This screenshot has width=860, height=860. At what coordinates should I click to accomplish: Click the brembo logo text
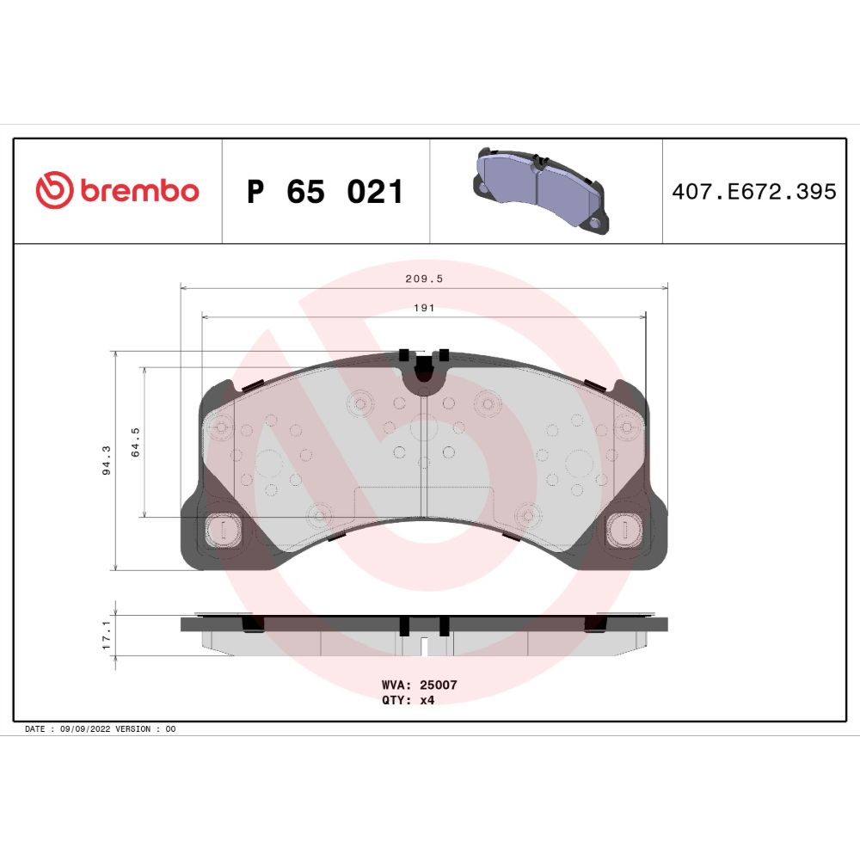[x=140, y=190]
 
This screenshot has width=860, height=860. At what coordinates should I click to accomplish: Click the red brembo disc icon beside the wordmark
[x=54, y=190]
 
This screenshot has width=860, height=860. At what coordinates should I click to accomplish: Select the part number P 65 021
[x=325, y=192]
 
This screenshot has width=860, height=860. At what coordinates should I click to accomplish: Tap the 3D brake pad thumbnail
[x=541, y=190]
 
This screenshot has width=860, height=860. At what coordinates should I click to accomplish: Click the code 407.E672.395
[x=754, y=192]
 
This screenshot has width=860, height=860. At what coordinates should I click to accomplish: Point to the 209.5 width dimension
[x=424, y=279]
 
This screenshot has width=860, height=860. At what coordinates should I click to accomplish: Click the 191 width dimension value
[x=424, y=308]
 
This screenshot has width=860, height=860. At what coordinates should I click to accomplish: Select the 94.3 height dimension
[x=107, y=460]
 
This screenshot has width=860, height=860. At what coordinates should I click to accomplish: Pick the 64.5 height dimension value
[x=135, y=442]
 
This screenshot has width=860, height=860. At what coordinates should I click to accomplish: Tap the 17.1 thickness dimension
[x=107, y=635]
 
